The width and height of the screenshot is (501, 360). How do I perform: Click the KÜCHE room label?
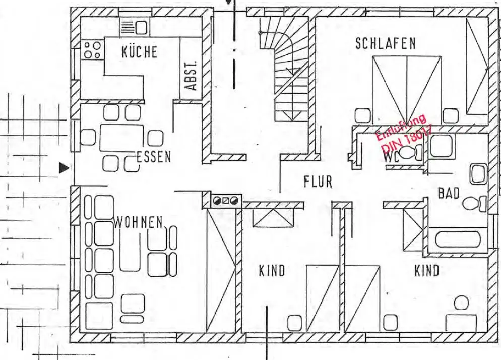point(140,52)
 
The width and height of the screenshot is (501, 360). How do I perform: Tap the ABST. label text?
point(191,76)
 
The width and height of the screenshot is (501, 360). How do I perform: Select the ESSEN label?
point(154,157)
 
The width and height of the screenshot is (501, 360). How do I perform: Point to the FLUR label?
point(318,182)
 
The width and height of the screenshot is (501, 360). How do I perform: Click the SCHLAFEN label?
point(386,43)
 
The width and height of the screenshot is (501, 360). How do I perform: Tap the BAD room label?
point(448,193)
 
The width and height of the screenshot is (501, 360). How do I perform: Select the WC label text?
point(392,156)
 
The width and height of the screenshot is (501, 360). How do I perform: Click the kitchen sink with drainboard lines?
point(135,27)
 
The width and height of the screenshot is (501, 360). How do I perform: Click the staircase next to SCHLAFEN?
point(289,76)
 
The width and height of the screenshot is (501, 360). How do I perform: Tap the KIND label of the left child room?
point(272,271)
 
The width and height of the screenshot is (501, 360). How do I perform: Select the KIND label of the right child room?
point(427,271)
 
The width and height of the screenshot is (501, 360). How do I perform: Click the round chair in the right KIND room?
point(461,303)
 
